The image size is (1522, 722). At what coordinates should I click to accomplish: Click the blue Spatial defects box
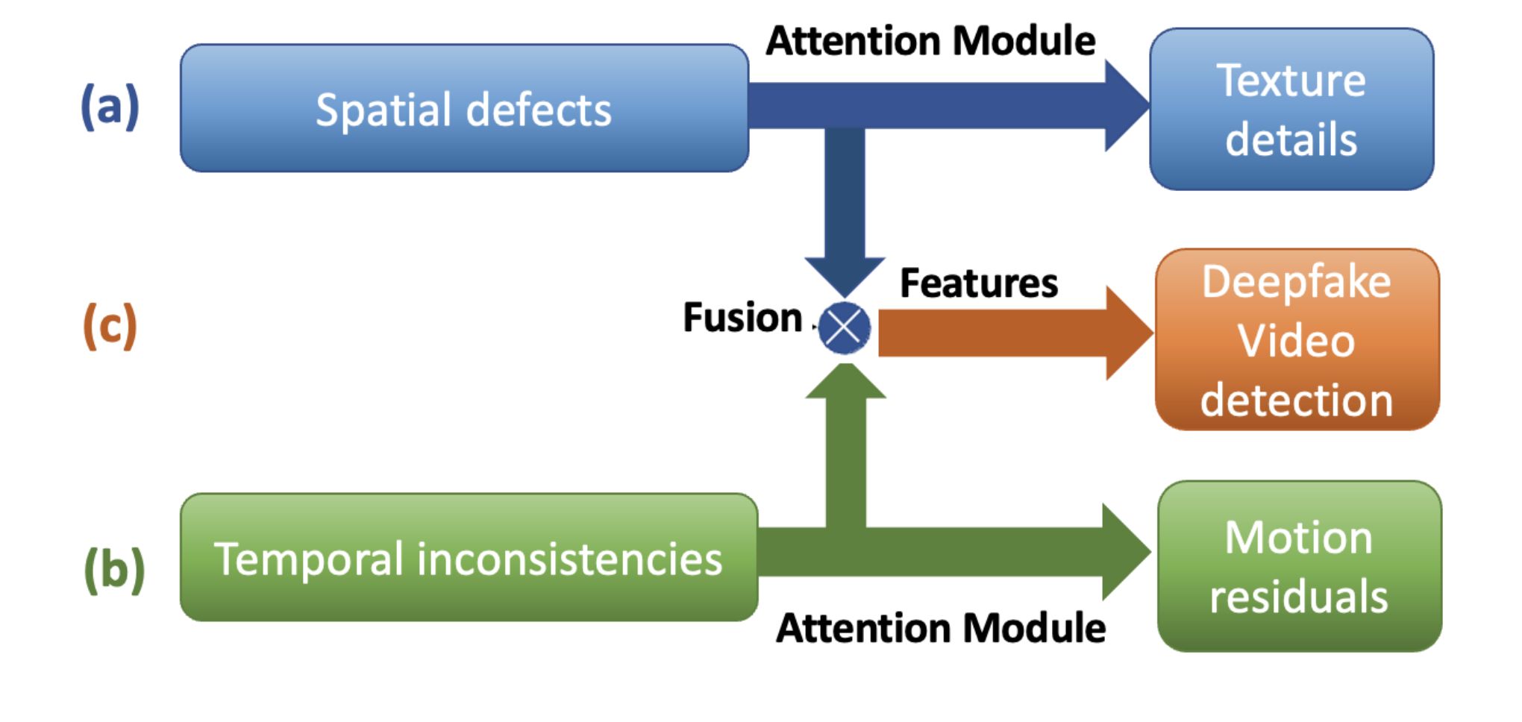coord(464,108)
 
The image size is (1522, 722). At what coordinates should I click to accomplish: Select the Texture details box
coord(1291,109)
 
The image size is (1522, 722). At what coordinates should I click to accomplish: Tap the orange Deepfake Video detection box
coord(1297,339)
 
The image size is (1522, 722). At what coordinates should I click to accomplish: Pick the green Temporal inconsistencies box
coord(469,557)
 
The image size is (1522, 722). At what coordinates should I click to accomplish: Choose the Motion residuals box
coord(1300,566)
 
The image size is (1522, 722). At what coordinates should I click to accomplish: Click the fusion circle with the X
coord(845,327)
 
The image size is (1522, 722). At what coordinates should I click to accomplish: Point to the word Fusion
coord(742,317)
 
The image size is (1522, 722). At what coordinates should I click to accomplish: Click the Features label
coord(979,283)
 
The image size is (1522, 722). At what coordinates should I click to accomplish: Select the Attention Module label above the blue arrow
coord(930,40)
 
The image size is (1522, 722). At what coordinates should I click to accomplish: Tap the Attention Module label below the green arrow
coord(941,627)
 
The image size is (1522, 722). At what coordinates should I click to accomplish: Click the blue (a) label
coord(110,106)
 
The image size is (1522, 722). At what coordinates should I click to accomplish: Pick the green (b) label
coord(114,570)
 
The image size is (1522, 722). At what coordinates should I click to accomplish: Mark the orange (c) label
coord(110,325)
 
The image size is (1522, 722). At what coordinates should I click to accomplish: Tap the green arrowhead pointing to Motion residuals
coord(1126,552)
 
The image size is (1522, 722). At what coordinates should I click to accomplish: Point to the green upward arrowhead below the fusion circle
coord(845,381)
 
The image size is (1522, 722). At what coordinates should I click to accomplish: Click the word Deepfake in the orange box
coord(1297,282)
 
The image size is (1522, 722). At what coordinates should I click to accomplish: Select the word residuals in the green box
coord(1299,596)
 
